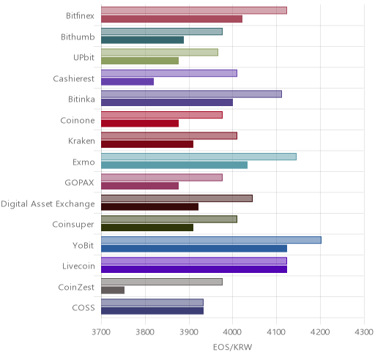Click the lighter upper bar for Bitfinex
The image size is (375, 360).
coord(194,11)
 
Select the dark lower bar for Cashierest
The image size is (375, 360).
coord(127,82)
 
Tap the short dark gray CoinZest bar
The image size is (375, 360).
coord(113,290)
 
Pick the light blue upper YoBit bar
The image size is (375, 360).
coord(211,240)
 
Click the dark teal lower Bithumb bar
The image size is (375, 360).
coord(143,40)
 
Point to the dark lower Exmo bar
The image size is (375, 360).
coord(174,165)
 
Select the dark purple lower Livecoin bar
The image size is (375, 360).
coord(194,269)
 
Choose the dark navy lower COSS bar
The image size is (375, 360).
coord(152,311)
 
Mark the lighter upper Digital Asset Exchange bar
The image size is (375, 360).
coord(177,198)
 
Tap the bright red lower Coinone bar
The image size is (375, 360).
coord(140,124)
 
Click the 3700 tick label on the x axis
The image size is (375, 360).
coord(101,332)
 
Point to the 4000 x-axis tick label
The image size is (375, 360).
coord(233,332)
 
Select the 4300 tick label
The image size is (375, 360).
coord(364,332)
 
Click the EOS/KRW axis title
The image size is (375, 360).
coord(232,347)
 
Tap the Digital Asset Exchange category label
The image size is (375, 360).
coord(48,204)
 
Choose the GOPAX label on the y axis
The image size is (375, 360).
coord(80,183)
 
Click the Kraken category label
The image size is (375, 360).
coord(81,141)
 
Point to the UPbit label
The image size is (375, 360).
coord(83,58)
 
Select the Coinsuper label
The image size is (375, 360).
coord(73,225)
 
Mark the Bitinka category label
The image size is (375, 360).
coord(81,100)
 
